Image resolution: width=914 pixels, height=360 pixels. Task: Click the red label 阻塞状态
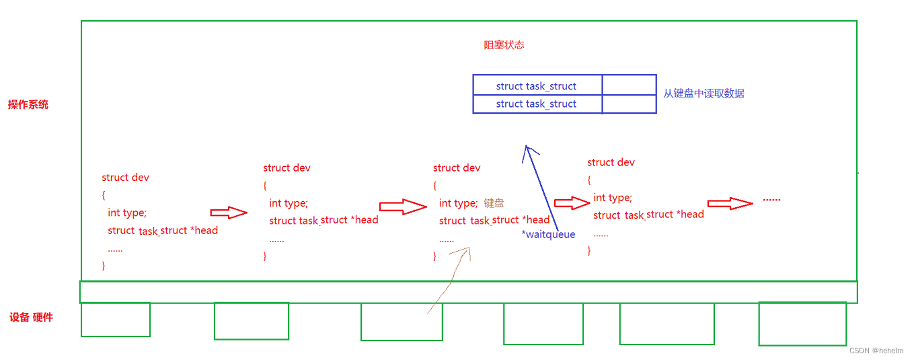[x=504, y=45]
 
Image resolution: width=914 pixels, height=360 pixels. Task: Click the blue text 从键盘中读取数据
[x=703, y=94]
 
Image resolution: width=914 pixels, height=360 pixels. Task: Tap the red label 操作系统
[x=28, y=104]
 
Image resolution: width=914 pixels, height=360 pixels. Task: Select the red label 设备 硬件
[x=31, y=317]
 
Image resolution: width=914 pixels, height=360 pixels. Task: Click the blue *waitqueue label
[x=548, y=234]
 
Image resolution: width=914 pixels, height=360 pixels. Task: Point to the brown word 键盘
[x=494, y=203]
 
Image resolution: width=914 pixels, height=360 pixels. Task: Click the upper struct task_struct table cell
[x=536, y=86]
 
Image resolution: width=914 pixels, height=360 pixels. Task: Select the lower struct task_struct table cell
[x=536, y=104]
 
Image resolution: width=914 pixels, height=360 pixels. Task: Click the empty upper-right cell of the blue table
[x=629, y=85]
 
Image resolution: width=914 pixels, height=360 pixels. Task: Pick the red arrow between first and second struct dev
[x=229, y=213]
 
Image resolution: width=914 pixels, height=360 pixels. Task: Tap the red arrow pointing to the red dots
[x=729, y=203]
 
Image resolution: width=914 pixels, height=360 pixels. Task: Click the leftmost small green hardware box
[x=116, y=320]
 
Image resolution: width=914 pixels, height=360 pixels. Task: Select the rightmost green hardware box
[x=802, y=323]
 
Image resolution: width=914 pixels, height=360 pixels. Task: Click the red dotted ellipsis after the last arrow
[x=771, y=200]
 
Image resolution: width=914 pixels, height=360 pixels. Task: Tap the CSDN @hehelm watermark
[x=876, y=351]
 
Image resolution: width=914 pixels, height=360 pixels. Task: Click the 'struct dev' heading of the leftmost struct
[x=125, y=178]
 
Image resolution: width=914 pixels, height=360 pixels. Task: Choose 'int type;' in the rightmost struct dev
[x=612, y=197]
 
